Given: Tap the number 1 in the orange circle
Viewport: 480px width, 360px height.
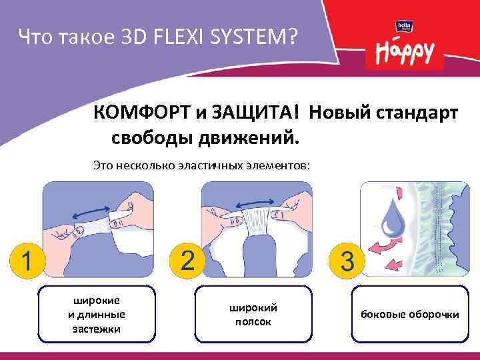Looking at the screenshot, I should point(25,259).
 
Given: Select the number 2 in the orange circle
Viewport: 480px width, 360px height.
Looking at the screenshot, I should point(187,259).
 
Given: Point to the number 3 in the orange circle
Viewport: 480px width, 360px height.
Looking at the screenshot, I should point(347,260).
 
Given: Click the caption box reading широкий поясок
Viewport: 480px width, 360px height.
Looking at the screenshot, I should point(253,314).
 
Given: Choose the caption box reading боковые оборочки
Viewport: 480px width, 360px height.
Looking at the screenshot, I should point(409,314).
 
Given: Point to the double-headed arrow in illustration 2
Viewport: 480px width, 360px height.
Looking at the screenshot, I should point(252,197).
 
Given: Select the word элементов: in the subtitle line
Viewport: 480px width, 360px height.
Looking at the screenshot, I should point(280,163).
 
